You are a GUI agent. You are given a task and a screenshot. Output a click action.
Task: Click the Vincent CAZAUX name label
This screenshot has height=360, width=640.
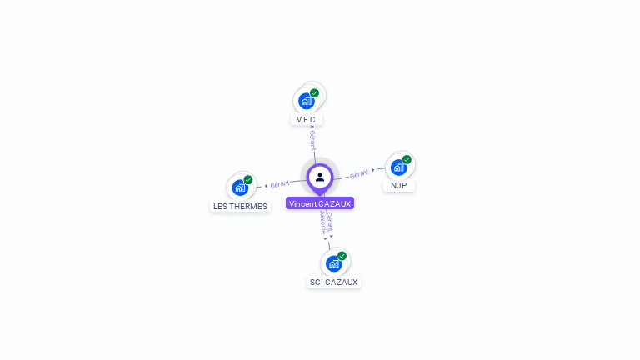[x=320, y=203]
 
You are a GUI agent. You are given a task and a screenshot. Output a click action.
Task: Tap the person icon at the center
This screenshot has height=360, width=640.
[x=320, y=177]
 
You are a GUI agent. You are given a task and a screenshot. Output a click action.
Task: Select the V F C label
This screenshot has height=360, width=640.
[x=306, y=119]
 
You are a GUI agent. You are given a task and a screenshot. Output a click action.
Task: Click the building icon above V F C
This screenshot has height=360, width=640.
[x=306, y=101]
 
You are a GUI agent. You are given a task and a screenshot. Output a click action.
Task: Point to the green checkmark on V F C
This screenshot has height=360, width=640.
[x=314, y=93]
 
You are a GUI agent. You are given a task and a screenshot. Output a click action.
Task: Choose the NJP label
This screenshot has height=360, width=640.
[x=398, y=185]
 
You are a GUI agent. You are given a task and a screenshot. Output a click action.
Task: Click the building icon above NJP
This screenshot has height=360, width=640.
[x=398, y=167]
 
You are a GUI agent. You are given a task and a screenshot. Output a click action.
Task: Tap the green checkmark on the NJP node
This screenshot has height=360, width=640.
[x=407, y=159]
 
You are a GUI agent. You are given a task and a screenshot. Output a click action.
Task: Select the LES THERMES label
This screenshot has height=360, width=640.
[x=240, y=206]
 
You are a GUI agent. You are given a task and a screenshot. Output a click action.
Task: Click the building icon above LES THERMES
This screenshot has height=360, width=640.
[x=240, y=187]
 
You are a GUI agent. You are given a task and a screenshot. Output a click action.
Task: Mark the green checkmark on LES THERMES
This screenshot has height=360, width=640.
[x=248, y=180]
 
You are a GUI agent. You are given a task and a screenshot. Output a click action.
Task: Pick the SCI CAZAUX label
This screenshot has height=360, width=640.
[x=333, y=282]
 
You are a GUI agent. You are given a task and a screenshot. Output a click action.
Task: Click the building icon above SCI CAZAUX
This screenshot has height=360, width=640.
[x=333, y=263]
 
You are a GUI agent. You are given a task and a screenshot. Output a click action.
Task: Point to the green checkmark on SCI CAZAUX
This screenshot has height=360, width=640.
[x=342, y=256]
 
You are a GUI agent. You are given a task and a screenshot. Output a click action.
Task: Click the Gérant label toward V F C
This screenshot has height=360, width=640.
[x=312, y=140]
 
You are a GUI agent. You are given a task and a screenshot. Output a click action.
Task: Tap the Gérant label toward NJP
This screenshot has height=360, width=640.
[x=359, y=173]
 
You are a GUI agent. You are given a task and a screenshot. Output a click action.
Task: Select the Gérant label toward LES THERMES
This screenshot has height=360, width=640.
[x=279, y=183]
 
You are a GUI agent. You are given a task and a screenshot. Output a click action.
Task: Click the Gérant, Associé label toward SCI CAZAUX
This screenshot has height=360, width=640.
[x=327, y=223]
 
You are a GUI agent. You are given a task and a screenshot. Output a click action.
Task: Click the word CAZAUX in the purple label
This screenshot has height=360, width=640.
[x=335, y=203]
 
